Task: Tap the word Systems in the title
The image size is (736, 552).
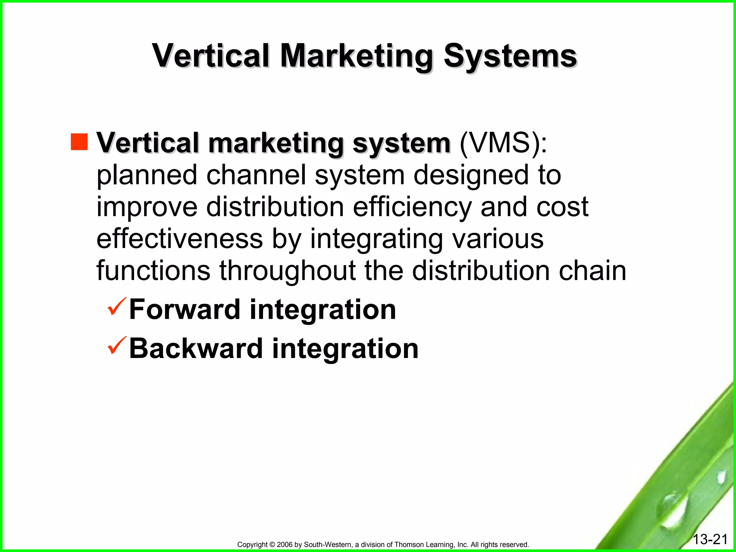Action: point(510,57)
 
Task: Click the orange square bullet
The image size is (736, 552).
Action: point(79,142)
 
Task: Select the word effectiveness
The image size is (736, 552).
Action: point(180,239)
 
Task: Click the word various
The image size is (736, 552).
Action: point(498,239)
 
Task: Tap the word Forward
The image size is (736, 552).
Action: point(185,309)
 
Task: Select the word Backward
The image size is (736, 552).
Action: point(196,349)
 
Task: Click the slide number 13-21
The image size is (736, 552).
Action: point(710,539)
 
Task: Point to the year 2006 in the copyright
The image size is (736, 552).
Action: point(285,545)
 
